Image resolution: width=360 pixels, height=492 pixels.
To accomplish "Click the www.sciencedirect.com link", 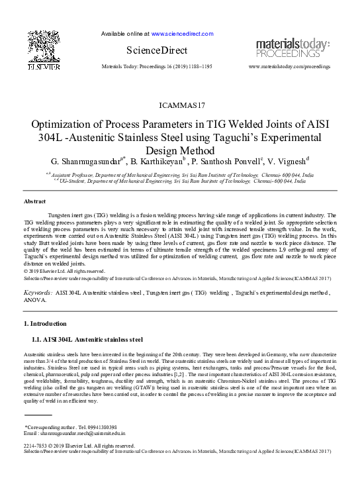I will click(182, 33).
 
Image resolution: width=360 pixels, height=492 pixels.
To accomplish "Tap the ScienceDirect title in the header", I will click(156, 50).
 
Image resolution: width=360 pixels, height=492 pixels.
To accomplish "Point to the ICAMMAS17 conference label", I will click(183, 105).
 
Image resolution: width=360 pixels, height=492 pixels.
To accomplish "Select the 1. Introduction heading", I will click(45, 324).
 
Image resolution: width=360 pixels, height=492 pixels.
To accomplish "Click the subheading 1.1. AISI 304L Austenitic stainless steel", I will click(87, 340).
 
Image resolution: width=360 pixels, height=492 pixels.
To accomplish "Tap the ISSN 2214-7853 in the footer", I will click(35, 446).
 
